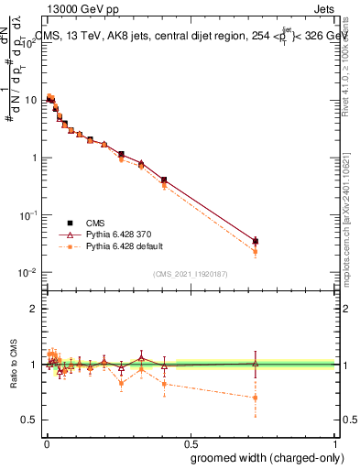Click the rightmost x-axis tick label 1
coord(335,442)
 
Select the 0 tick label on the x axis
coord(46,442)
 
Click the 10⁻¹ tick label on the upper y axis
coord(31,214)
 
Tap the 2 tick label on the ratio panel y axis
coord(36,309)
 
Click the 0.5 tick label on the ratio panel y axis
coord(32,420)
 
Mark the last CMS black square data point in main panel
coord(256,241)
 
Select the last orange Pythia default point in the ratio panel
coord(256,398)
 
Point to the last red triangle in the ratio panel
coord(256,364)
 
